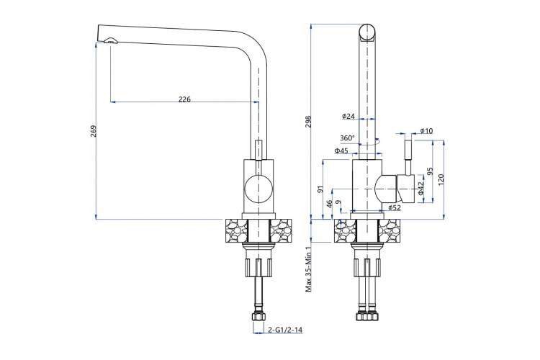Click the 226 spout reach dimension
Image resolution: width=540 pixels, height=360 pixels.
pyautogui.click(x=184, y=99)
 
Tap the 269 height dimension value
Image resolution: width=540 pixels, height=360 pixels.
pyautogui.click(x=94, y=131)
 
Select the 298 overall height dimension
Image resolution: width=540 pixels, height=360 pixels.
pyautogui.click(x=309, y=121)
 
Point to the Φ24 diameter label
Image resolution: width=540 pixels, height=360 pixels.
pyautogui.click(x=348, y=116)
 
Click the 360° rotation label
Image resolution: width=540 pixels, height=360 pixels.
pyautogui.click(x=347, y=138)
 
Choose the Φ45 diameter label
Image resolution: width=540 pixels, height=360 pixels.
pyautogui.click(x=341, y=150)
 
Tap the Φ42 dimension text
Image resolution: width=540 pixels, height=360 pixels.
pyautogui.click(x=421, y=188)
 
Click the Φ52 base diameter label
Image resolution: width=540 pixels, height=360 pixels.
pyautogui.click(x=395, y=207)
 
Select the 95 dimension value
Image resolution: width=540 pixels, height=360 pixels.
pyautogui.click(x=429, y=171)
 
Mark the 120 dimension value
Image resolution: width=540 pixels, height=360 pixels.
pyautogui.click(x=441, y=179)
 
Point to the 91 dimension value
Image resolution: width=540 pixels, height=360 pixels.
pyautogui.click(x=320, y=189)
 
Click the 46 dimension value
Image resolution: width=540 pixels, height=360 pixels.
pyautogui.click(x=329, y=204)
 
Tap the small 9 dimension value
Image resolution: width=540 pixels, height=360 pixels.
pyautogui.click(x=338, y=202)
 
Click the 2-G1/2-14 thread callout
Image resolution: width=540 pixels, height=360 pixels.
pyautogui.click(x=286, y=330)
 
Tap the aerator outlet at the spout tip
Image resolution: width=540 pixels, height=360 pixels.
pyautogui.click(x=110, y=41)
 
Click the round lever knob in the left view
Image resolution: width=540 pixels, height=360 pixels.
pyautogui.click(x=258, y=189)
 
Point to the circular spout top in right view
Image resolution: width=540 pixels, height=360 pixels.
pyautogui.click(x=367, y=32)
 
